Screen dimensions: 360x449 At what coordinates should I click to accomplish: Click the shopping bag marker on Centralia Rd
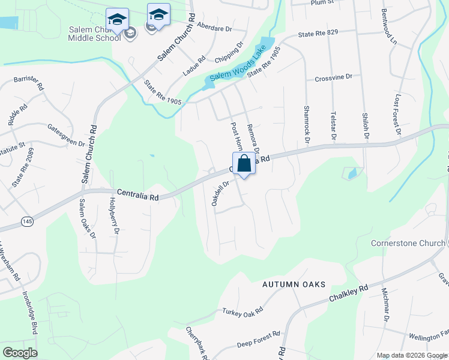click(x=244, y=164)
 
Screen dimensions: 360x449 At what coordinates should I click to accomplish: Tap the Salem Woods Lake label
click(x=238, y=65)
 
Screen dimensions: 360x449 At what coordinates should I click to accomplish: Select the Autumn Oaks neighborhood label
click(x=294, y=284)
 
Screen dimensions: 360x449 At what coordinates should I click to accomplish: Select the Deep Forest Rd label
click(x=258, y=338)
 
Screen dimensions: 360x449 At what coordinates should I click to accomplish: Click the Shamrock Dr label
click(x=306, y=125)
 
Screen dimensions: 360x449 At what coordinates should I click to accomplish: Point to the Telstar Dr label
click(x=333, y=126)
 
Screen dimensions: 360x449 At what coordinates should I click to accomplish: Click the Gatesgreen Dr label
click(x=66, y=135)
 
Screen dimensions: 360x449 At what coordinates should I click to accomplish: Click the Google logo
click(x=20, y=353)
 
